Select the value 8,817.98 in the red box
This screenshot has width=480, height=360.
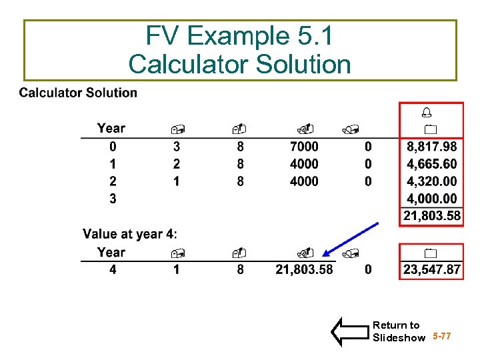click(x=431, y=147)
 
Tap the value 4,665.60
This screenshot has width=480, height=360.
click(x=431, y=164)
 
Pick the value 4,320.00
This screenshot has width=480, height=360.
click(x=431, y=181)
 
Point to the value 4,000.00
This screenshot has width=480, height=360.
click(x=431, y=199)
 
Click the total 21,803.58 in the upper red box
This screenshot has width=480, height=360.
click(x=431, y=216)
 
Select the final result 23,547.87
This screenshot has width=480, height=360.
click(x=431, y=269)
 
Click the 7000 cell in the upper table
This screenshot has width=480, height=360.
click(x=304, y=147)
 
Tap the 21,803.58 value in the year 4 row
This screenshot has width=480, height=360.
click(x=304, y=269)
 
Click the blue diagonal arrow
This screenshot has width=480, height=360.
click(x=350, y=239)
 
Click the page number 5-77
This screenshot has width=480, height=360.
click(x=442, y=337)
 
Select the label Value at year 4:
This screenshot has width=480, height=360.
click(x=130, y=234)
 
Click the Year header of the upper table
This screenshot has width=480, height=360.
click(x=111, y=128)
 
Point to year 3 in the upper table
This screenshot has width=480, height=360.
click(x=113, y=199)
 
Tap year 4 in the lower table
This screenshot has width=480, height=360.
click(x=113, y=269)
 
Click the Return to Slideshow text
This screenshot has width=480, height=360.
click(x=398, y=331)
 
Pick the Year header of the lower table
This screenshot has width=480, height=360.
click(x=111, y=252)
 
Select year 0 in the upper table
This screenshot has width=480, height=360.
click(x=113, y=147)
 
